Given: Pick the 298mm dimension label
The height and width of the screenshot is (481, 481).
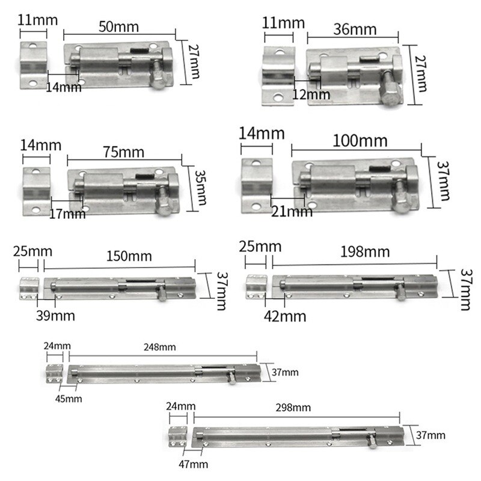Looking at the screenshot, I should tap(294, 407).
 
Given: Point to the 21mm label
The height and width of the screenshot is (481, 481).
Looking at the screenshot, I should tap(292, 211).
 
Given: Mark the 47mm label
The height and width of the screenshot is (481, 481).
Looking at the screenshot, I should tap(194, 464).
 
